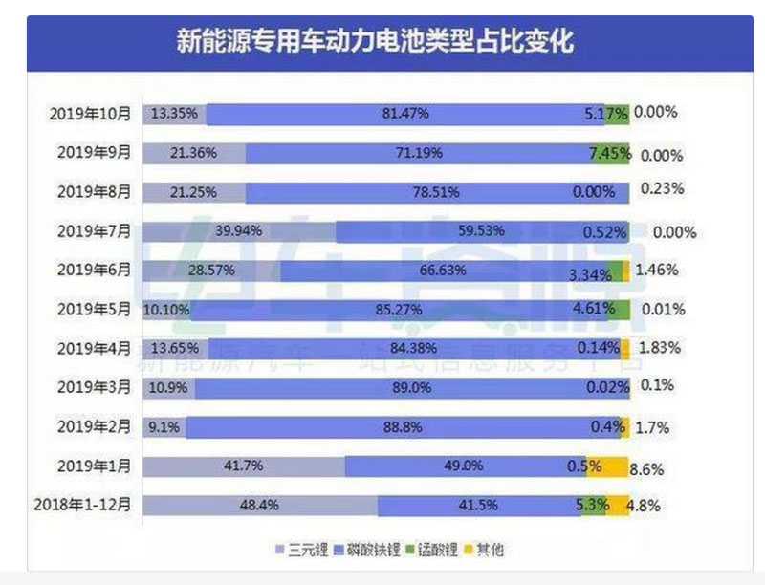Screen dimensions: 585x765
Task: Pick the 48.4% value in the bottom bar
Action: pos(259,505)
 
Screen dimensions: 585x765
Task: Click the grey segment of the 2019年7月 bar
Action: pos(239,231)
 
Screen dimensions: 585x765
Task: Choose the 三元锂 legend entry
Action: pos(301,550)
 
